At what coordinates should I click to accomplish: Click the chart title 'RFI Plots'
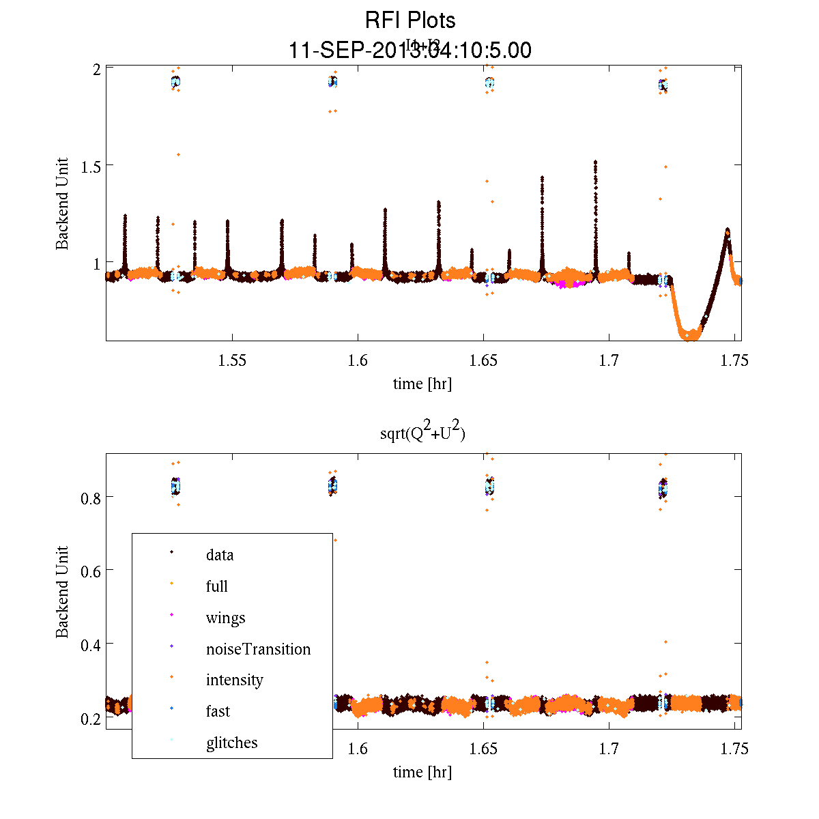tap(410, 20)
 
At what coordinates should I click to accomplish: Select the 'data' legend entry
tap(220, 555)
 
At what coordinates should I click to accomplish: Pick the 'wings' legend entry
tap(225, 618)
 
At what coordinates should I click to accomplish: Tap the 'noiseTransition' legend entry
tap(258, 649)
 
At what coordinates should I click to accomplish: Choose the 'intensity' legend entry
tap(234, 680)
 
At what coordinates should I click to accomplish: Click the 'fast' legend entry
tap(218, 711)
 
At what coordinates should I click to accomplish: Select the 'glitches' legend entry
tap(231, 743)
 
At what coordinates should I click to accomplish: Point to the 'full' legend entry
tap(217, 586)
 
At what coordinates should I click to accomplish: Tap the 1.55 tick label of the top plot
tap(232, 360)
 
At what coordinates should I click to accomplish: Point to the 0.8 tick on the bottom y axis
tap(90, 498)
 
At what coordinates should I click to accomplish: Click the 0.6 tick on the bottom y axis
tap(90, 571)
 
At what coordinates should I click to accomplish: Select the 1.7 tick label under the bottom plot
tap(609, 749)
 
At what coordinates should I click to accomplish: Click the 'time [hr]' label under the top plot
tap(422, 384)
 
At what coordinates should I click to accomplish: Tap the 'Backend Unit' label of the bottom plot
tap(62, 592)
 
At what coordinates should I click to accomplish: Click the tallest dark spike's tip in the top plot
tap(595, 162)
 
